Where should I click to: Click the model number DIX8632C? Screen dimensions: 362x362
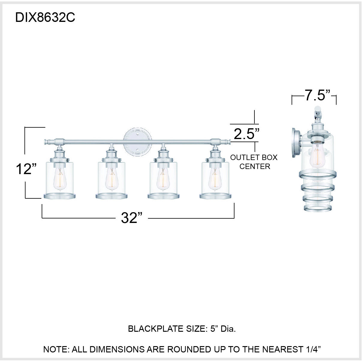(x=45, y=18)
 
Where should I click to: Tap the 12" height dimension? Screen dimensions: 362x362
(x=26, y=169)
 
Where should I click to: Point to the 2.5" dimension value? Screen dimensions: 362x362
(x=246, y=134)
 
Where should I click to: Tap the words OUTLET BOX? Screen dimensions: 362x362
(x=254, y=157)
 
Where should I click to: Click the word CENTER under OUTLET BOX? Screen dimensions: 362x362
(x=255, y=166)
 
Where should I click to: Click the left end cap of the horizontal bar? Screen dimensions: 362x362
(x=47, y=141)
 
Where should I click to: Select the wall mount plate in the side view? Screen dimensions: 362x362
(x=296, y=143)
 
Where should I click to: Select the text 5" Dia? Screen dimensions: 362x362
(x=223, y=329)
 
